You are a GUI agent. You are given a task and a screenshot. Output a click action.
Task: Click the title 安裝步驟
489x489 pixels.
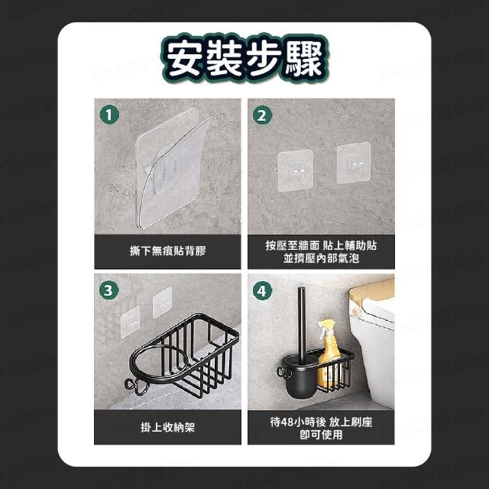tap(244, 59)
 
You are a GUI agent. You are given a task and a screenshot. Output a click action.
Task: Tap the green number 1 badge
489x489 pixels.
tap(109, 115)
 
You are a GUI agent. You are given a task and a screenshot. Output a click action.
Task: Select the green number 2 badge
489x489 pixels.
tap(262, 115)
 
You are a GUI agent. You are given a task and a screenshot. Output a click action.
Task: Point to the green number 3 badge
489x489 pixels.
tap(108, 290)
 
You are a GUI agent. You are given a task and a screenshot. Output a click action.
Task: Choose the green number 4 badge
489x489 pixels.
tap(262, 290)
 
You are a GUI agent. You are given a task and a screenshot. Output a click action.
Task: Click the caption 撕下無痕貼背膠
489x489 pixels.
tap(168, 251)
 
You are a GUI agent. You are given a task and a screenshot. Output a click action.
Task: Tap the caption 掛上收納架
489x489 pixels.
tap(168, 427)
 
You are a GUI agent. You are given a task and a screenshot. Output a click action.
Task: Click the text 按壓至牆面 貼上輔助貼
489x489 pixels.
tap(321, 245)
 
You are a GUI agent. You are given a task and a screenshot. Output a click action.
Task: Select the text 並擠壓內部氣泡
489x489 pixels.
tap(321, 258)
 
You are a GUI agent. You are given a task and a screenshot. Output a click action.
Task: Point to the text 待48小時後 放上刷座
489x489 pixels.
tap(321, 422)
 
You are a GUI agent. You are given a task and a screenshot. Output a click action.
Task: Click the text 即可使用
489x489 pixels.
tap(321, 435)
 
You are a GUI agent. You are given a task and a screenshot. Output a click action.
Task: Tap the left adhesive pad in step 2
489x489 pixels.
tap(296, 170)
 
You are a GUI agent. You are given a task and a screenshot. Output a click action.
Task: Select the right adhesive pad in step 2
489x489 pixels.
tap(354, 163)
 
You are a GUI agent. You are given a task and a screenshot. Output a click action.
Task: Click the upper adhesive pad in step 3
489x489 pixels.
tap(163, 302)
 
